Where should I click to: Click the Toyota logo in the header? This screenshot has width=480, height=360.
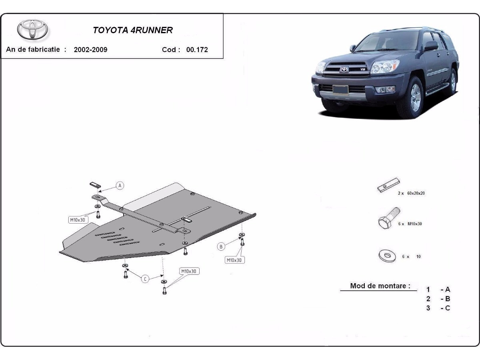32,30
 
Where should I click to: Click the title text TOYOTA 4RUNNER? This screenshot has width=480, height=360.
133,30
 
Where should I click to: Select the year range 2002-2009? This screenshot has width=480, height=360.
90,50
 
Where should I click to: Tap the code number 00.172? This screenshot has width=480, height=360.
197,50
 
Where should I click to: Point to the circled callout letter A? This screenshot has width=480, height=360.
120,186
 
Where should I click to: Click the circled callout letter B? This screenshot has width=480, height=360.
221,247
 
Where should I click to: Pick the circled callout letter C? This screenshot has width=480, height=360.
145,279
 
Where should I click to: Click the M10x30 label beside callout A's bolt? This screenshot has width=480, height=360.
78,220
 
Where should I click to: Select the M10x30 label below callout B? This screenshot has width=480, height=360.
234,260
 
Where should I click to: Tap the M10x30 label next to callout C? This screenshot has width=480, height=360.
189,271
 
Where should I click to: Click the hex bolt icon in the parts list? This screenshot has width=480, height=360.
389,218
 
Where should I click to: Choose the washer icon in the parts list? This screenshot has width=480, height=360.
387,255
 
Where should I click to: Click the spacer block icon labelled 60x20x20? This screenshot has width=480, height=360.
388,185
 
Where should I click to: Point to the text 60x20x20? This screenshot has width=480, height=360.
416,193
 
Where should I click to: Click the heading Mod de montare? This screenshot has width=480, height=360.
380,286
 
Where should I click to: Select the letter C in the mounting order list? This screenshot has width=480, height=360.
448,308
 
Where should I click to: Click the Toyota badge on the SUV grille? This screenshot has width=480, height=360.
344,70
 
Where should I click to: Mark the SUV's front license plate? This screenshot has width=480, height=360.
340,90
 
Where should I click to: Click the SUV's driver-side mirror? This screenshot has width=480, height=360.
431,46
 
